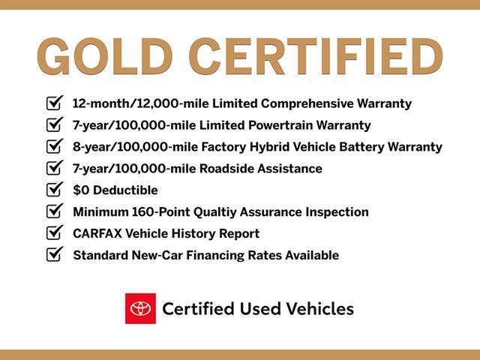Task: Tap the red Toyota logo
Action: [x=140, y=308]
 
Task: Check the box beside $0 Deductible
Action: [x=54, y=190]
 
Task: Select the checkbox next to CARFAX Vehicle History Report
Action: [x=54, y=233]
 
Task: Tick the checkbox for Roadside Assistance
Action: [x=54, y=168]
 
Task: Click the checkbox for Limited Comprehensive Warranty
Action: [x=54, y=103]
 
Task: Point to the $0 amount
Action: [x=81, y=190]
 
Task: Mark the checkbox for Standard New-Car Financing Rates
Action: [x=54, y=255]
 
